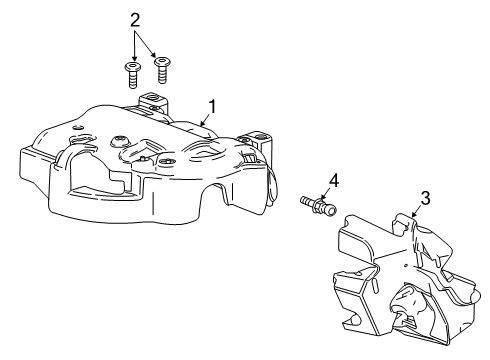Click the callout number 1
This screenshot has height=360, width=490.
click(x=212, y=104)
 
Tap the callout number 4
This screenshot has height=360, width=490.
click(x=336, y=180)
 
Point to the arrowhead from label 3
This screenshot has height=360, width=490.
click(x=413, y=214)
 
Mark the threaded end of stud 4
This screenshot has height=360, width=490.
click(x=304, y=203)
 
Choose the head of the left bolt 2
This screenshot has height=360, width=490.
click(x=131, y=68)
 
